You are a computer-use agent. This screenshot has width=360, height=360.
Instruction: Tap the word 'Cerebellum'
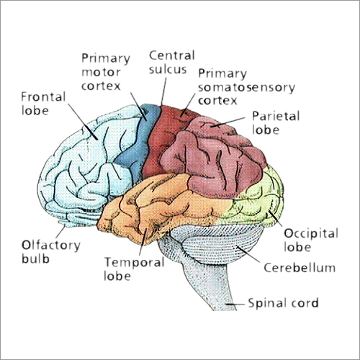300,268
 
